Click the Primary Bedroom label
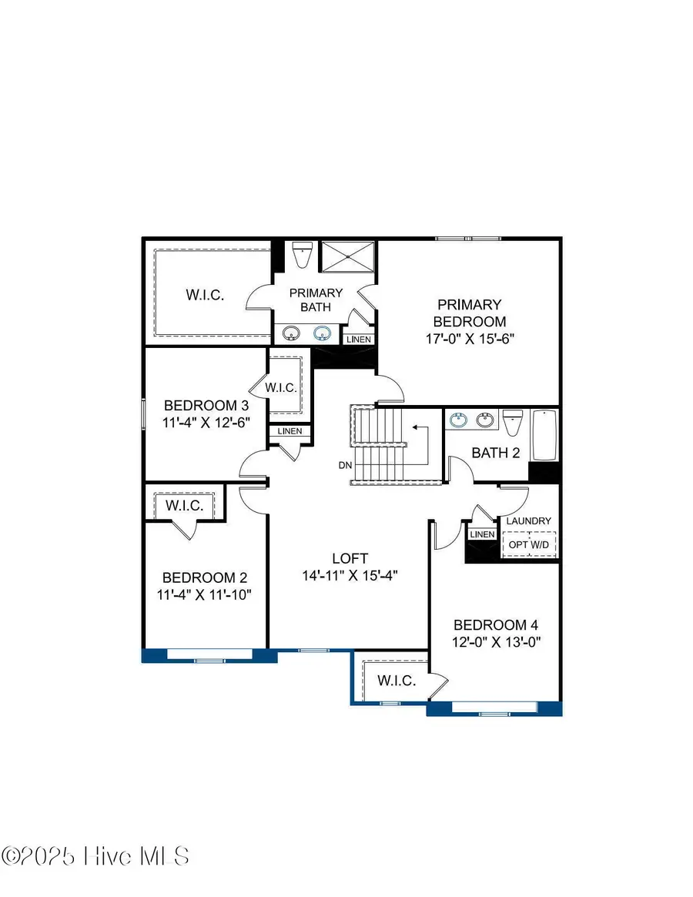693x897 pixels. (469, 313)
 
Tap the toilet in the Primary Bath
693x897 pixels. (302, 256)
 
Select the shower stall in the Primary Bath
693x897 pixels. (346, 256)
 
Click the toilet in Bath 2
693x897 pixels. (513, 423)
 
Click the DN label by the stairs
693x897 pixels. (345, 465)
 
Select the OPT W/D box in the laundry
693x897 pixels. (530, 544)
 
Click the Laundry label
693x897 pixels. (528, 521)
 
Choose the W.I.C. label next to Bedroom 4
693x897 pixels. (397, 681)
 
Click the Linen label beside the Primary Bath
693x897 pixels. (359, 340)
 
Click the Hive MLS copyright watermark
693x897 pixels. (95, 855)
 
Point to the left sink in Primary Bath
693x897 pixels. (292, 333)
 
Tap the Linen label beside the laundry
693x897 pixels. (482, 534)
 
